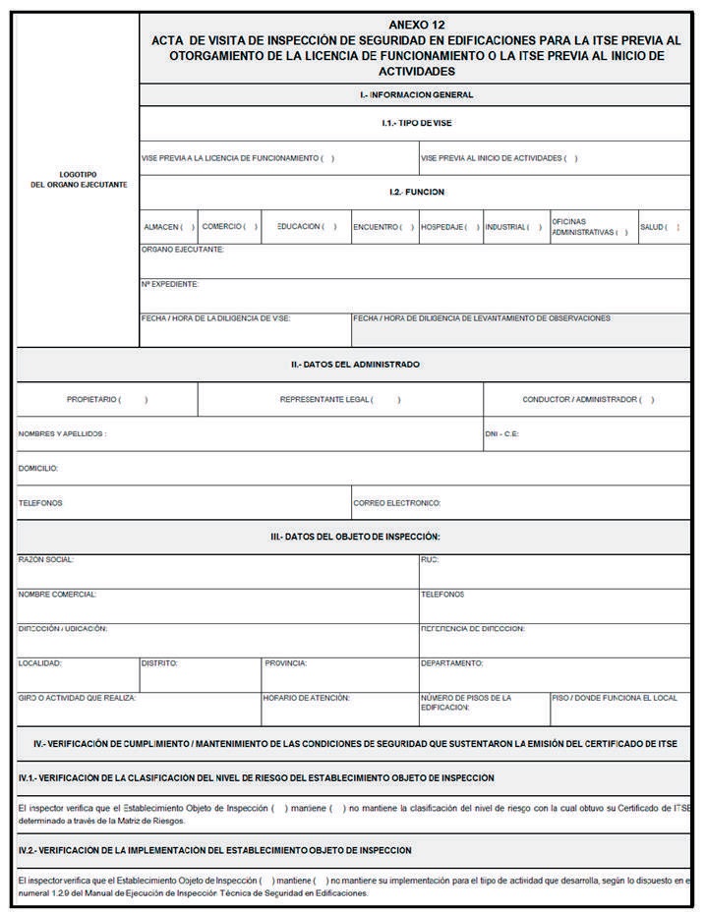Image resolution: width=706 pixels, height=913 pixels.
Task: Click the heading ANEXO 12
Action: tap(416, 24)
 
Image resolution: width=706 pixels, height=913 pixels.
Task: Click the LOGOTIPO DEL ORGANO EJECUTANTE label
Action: tap(79, 180)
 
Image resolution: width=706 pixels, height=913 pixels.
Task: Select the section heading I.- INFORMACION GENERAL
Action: tap(416, 95)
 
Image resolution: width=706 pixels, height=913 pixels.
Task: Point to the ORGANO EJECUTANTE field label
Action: tap(183, 250)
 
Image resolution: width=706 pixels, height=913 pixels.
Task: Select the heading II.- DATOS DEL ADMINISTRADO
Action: tap(355, 365)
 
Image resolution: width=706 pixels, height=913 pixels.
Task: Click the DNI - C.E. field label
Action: tap(501, 433)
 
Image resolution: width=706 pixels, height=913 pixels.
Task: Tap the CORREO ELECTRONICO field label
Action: tap(396, 503)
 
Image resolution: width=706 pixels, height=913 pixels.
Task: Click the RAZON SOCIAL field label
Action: tap(45, 560)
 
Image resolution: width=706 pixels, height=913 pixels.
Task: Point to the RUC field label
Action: tap(429, 560)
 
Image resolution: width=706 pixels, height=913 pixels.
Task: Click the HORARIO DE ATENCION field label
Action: tap(306, 698)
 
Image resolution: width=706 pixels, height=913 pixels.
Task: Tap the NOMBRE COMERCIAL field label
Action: tap(57, 595)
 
